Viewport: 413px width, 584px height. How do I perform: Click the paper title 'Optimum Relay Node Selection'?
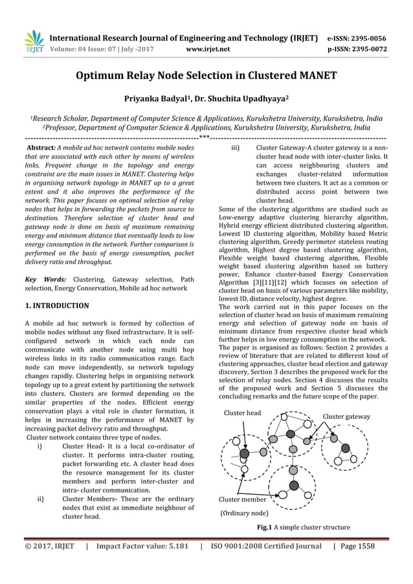[x=206, y=76]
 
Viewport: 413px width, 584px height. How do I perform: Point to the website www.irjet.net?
[x=206, y=48]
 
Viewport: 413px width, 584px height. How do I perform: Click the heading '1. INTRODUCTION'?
[x=57, y=305]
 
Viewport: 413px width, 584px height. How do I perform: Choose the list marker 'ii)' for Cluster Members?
[x=41, y=499]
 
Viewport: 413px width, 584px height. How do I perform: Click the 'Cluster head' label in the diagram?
[x=242, y=413]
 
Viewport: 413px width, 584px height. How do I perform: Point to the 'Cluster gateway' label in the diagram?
[x=346, y=416]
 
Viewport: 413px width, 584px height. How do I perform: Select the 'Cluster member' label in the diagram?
[x=242, y=499]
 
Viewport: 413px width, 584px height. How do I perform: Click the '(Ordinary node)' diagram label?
[x=244, y=513]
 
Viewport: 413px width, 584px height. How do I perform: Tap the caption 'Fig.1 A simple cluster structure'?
[x=304, y=527]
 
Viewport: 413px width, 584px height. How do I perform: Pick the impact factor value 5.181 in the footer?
[x=175, y=546]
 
